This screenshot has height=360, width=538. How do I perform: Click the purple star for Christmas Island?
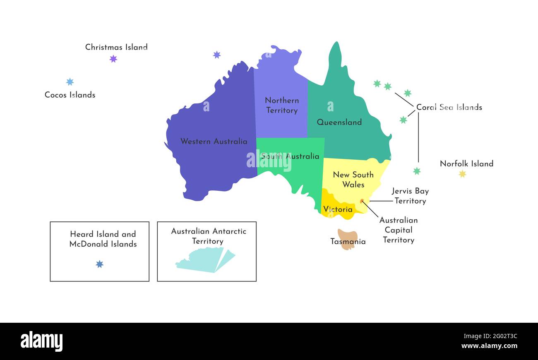click(113, 59)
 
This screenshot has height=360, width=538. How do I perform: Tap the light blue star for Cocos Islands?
click(70, 82)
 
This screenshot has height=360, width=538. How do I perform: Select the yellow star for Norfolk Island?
click(462, 174)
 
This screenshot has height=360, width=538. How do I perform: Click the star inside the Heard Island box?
click(99, 264)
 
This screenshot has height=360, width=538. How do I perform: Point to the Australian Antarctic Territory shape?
click(205, 260)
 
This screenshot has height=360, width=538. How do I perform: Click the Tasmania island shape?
click(347, 239)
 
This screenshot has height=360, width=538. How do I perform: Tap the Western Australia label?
click(214, 142)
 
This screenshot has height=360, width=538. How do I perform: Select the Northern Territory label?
click(282, 106)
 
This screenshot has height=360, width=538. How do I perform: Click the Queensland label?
click(339, 122)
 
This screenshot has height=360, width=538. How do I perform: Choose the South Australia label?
click(290, 156)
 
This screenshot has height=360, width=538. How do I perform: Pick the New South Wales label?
click(353, 180)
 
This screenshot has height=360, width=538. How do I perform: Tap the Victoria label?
click(338, 209)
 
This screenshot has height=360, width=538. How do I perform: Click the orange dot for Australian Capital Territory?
click(362, 201)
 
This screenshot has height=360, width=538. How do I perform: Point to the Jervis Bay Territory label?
click(410, 196)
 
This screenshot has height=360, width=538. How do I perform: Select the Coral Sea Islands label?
click(449, 107)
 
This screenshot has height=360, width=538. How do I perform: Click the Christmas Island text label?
click(116, 47)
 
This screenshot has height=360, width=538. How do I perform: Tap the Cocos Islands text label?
click(70, 95)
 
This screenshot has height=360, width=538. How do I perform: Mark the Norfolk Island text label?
click(466, 163)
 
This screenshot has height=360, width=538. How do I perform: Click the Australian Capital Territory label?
click(399, 230)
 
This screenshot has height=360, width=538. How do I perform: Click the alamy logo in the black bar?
click(41, 341)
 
